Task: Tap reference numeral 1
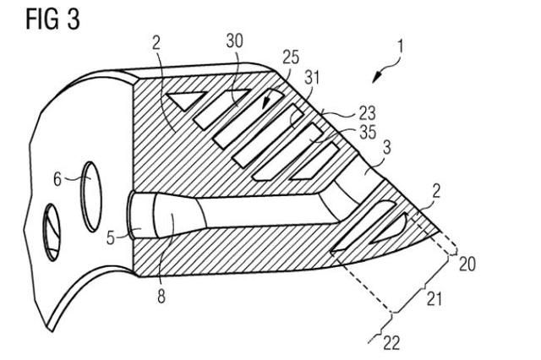pos(400,47)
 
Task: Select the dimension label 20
pos(467,265)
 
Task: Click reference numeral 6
pos(57,178)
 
